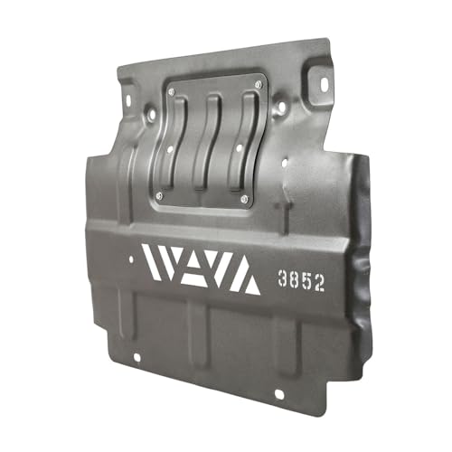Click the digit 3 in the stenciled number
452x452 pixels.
point(282,278)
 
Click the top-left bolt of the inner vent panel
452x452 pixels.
point(172,92)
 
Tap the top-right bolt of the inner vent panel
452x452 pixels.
point(258,84)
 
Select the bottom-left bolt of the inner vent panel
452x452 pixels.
point(159,196)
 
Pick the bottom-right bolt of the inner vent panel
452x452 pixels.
point(244,199)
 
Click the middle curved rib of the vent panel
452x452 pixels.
point(208,142)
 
